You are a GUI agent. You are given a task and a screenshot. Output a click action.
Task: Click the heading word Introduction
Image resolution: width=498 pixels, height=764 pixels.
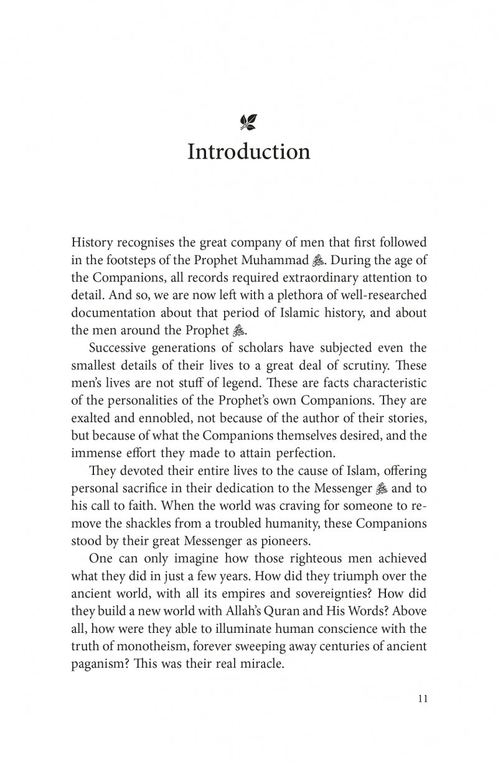pyautogui.click(x=248, y=152)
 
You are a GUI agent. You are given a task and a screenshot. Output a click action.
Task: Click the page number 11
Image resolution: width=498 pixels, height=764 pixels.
pyautogui.click(x=421, y=698)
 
